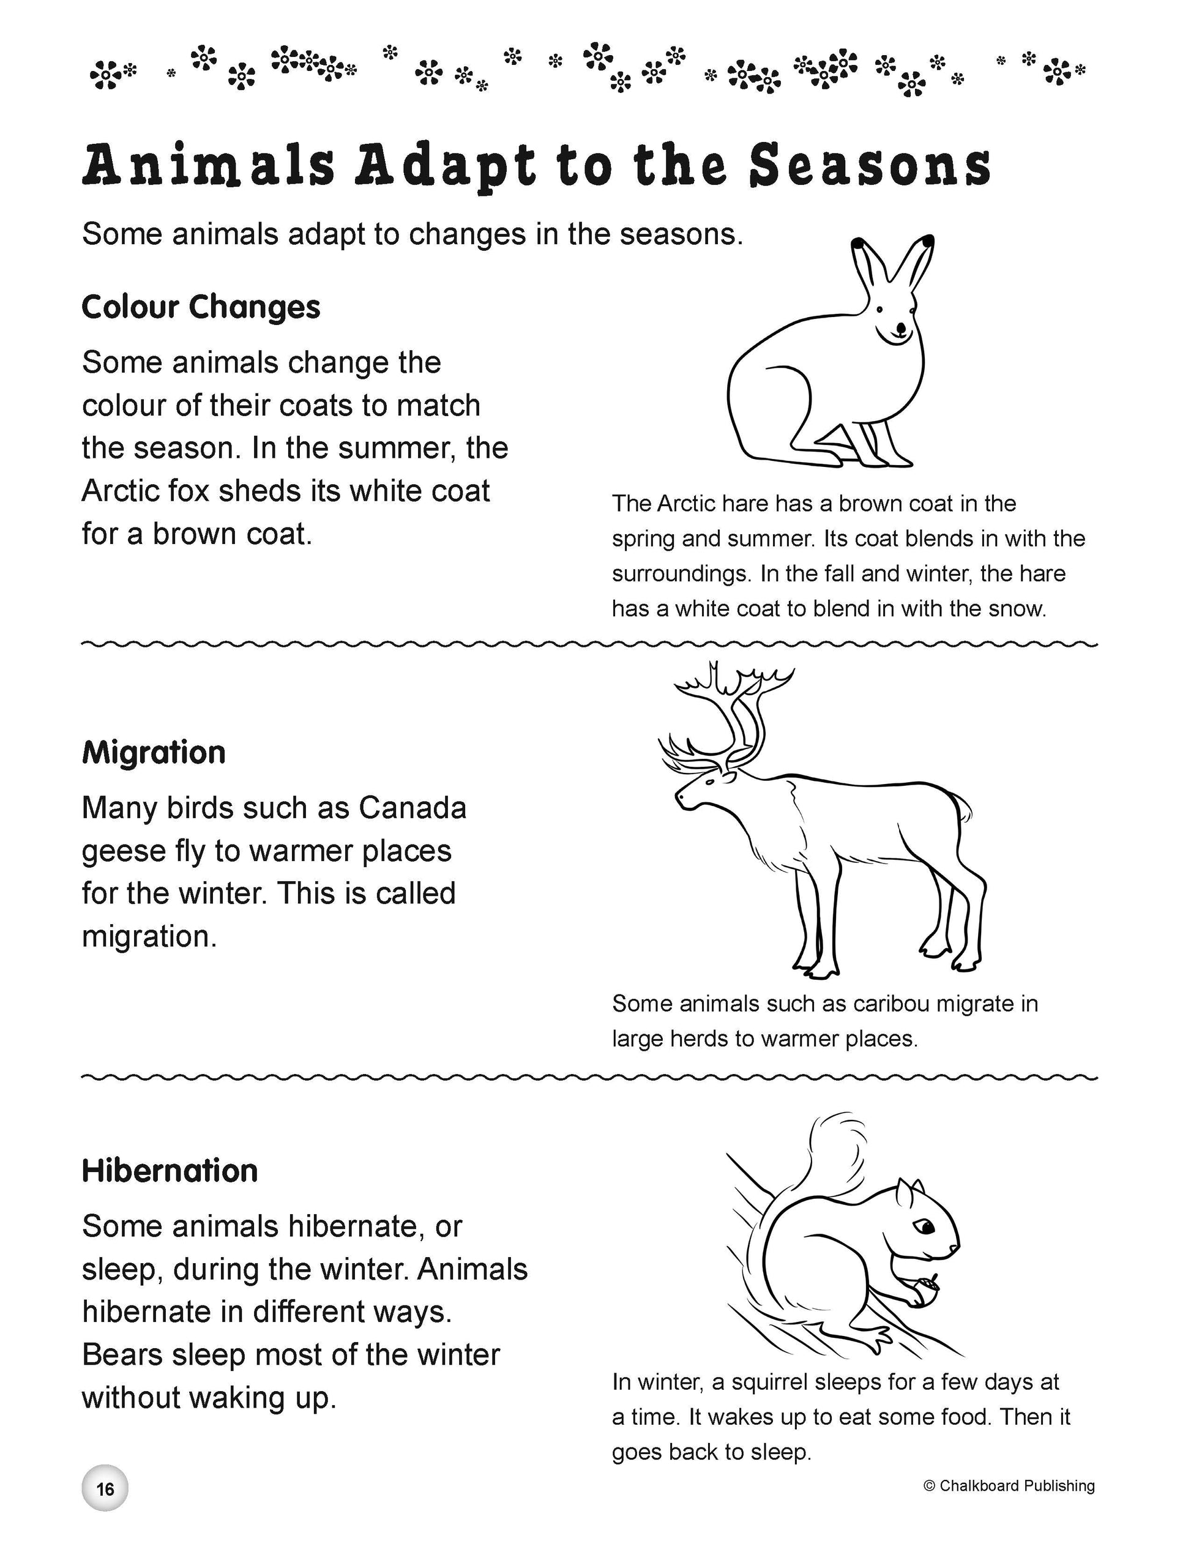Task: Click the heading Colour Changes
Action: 201,308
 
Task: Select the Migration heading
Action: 154,753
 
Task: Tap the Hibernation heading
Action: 170,1171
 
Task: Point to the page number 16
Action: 105,1489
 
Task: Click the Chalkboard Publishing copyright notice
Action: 1009,1486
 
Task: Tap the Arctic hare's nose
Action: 900,327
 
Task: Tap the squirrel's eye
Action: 925,1228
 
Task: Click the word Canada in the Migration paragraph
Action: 413,808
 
